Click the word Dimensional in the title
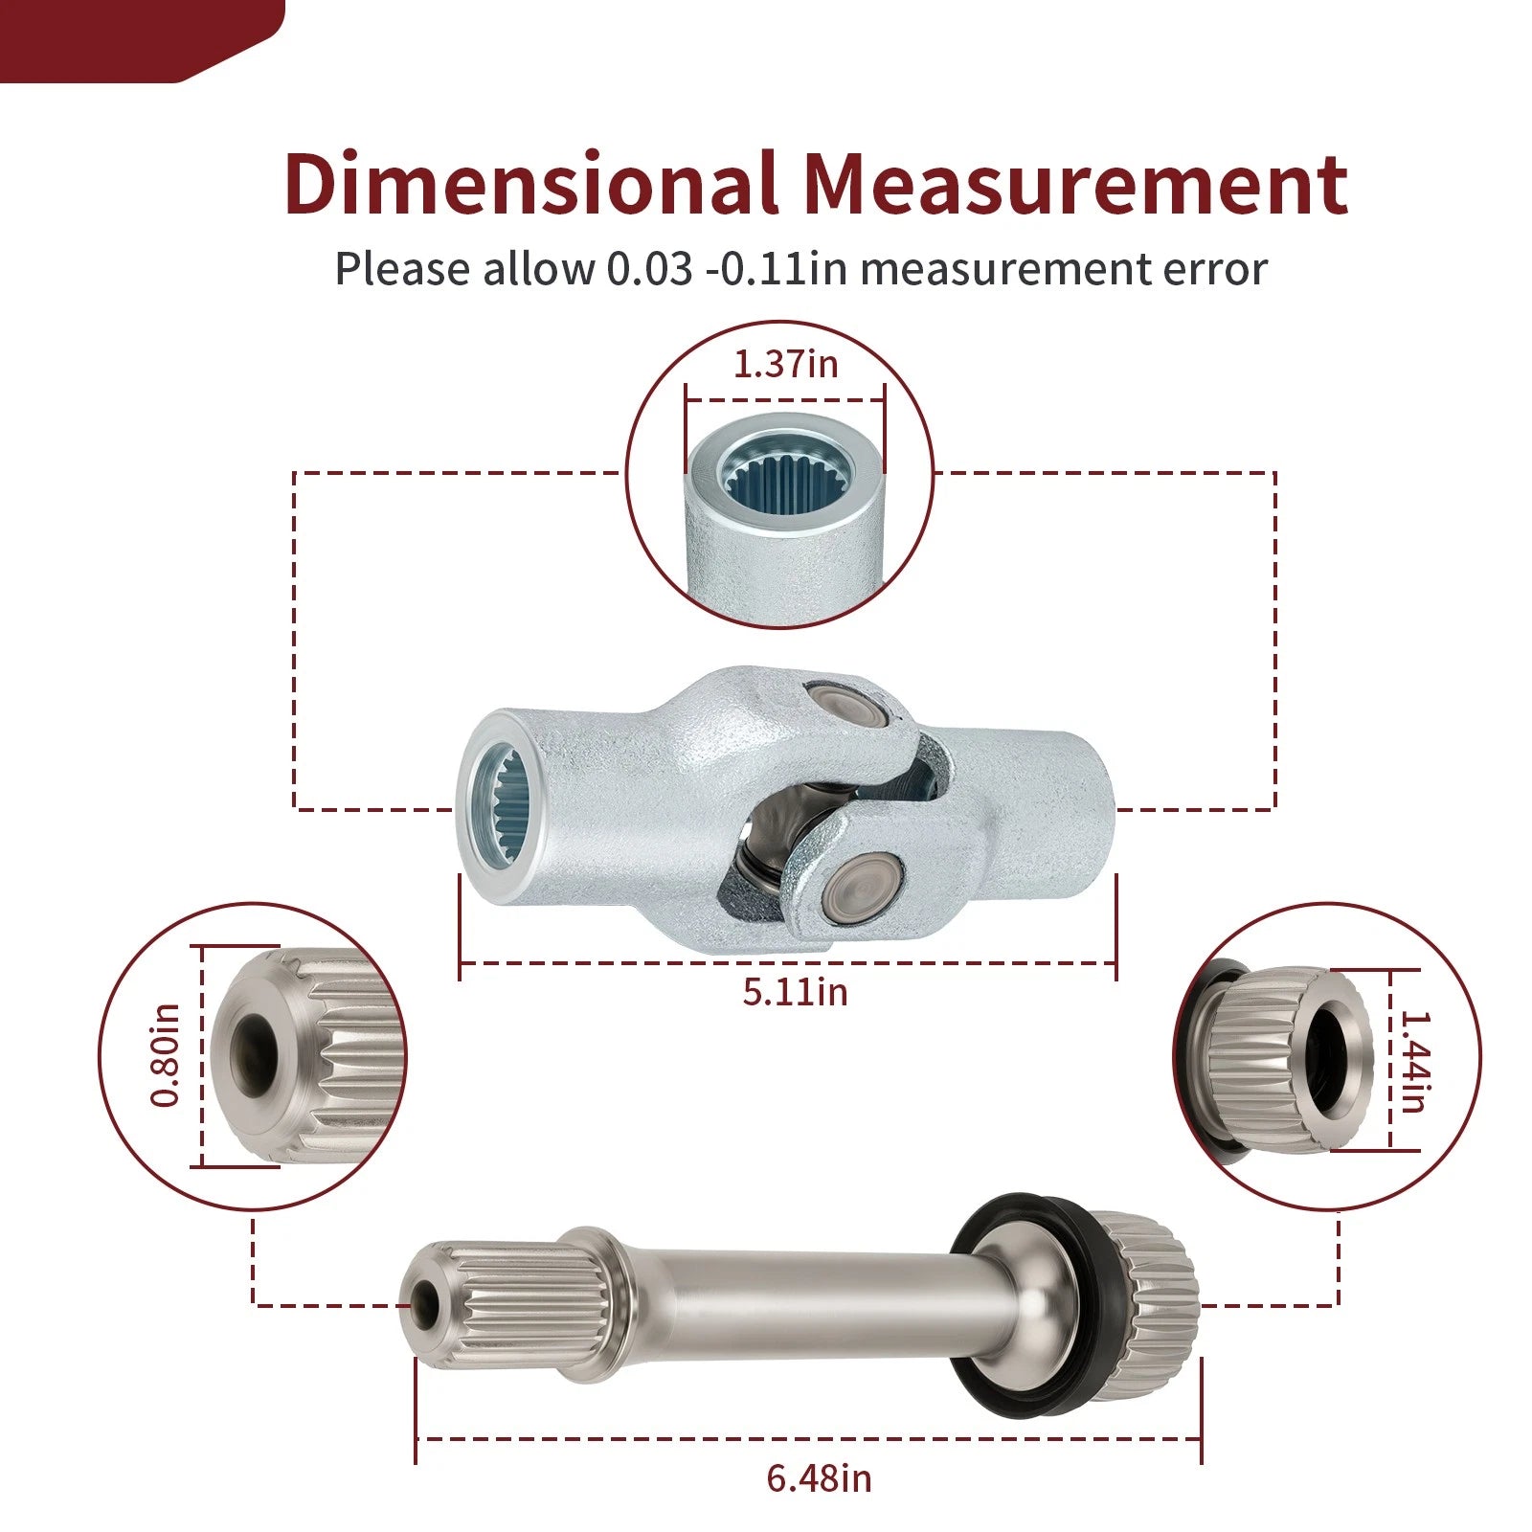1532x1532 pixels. tap(530, 183)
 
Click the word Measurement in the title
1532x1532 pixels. tap(1074, 183)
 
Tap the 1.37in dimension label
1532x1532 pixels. tap(785, 364)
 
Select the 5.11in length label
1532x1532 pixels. tap(795, 992)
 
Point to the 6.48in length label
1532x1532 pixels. tap(819, 1478)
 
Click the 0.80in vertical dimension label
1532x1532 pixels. tap(166, 1056)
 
